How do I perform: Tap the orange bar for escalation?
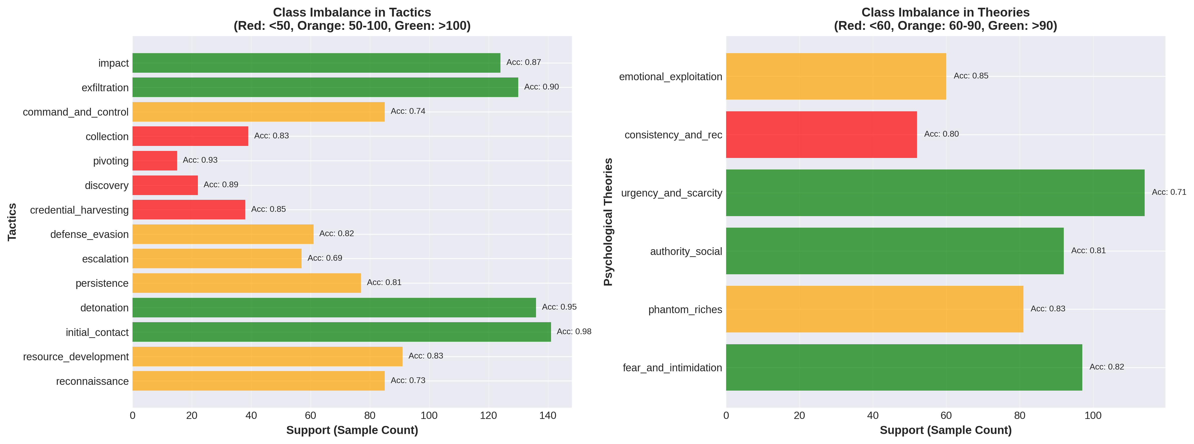pyautogui.click(x=217, y=258)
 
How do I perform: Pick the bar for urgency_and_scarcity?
pyautogui.click(x=935, y=193)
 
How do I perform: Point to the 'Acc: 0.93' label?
pyautogui.click(x=200, y=160)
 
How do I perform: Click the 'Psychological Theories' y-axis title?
pyautogui.click(x=608, y=222)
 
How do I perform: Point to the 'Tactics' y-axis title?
pyautogui.click(x=12, y=222)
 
